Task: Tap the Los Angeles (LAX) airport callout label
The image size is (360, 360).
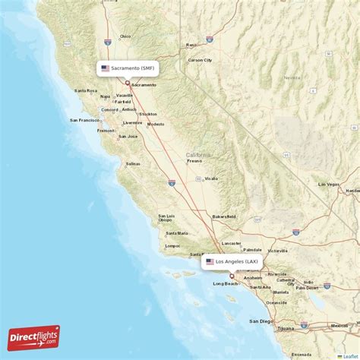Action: click(232, 261)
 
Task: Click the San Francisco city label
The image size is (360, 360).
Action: click(85, 120)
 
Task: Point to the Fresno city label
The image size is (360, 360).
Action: click(194, 161)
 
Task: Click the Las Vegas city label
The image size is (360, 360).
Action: click(330, 185)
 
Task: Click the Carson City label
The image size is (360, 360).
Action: click(201, 59)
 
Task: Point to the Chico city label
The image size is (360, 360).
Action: click(125, 36)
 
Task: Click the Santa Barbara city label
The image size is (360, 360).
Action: click(200, 254)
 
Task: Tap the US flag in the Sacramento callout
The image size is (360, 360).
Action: click(105, 68)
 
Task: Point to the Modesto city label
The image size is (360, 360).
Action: click(156, 124)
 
